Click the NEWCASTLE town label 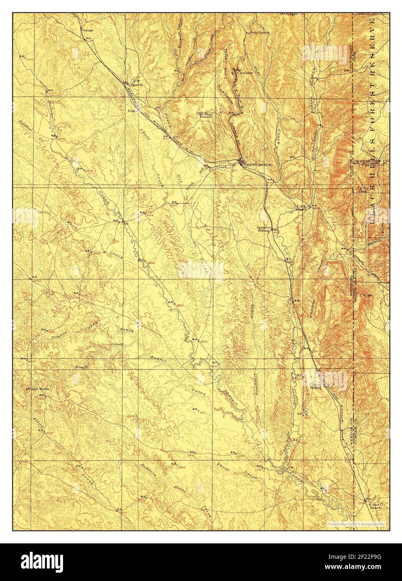pyautogui.click(x=259, y=165)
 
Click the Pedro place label pyautogui.click(x=132, y=112)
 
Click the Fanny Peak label pyautogui.click(x=362, y=190)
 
